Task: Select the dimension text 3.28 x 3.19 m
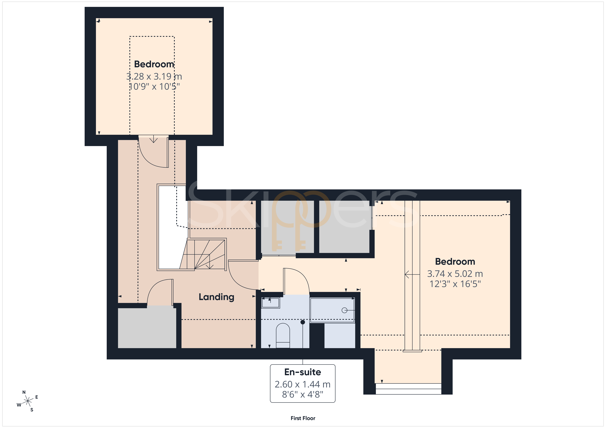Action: coord(154,76)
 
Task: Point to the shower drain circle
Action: coord(344,310)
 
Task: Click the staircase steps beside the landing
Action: coord(203,255)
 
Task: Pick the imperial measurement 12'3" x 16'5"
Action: coord(455,284)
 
